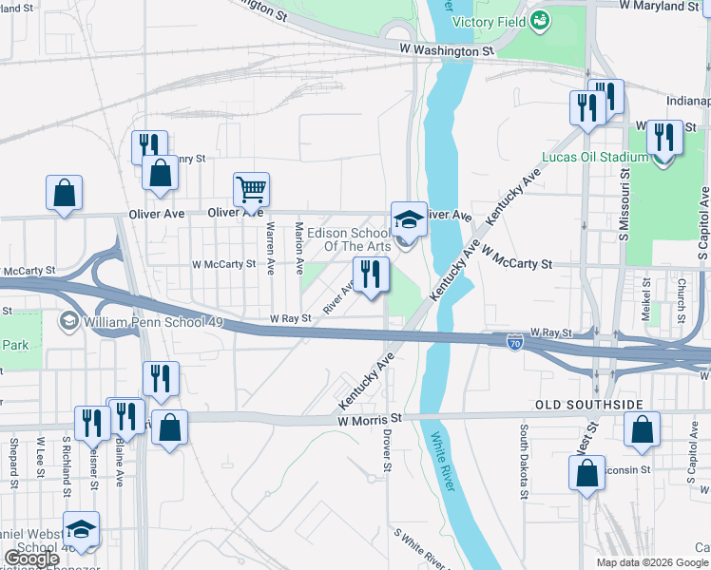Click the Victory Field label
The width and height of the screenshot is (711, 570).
click(x=490, y=22)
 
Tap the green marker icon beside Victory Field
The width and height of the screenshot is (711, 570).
click(x=540, y=19)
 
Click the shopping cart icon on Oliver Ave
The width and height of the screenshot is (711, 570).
click(x=252, y=189)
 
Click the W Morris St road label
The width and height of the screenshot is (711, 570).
click(x=369, y=419)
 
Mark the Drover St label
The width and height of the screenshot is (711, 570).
click(x=387, y=450)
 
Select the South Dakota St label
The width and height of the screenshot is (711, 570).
click(x=524, y=461)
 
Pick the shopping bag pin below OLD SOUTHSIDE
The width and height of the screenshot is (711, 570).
click(x=643, y=429)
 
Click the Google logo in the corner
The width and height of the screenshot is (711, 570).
click(x=33, y=559)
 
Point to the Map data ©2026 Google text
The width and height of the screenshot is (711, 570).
click(x=652, y=562)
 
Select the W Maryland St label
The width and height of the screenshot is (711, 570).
click(x=658, y=7)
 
